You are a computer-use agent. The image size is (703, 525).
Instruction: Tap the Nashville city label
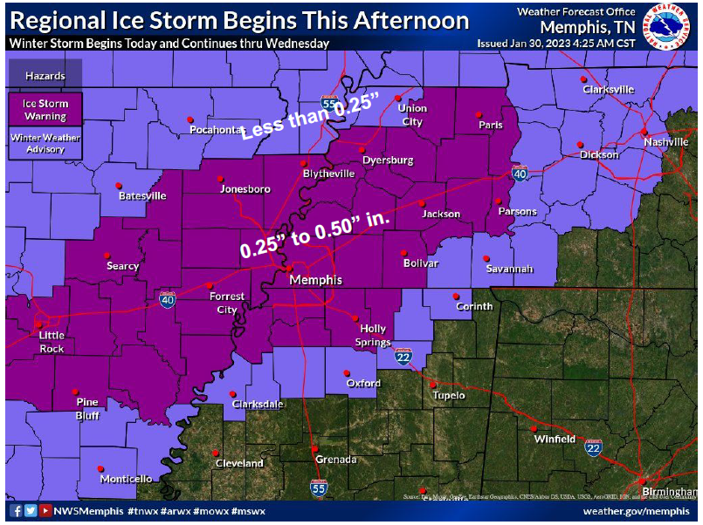point(667,141)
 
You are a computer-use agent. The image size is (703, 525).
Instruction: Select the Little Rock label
point(52,342)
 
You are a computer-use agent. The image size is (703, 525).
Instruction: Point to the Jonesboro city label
point(245,188)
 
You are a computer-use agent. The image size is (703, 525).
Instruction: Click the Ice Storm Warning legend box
point(45,109)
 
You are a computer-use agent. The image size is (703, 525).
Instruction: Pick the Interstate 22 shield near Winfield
point(594,447)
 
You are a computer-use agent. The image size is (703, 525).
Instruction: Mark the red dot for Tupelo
point(432,383)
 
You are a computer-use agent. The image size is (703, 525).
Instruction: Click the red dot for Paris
point(478,114)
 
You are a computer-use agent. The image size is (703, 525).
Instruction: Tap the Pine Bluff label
point(87,407)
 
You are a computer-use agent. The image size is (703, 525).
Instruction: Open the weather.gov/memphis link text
point(636,511)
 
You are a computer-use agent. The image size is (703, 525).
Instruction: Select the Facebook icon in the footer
point(17,511)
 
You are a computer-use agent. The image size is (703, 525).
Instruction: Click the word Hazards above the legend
point(45,76)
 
